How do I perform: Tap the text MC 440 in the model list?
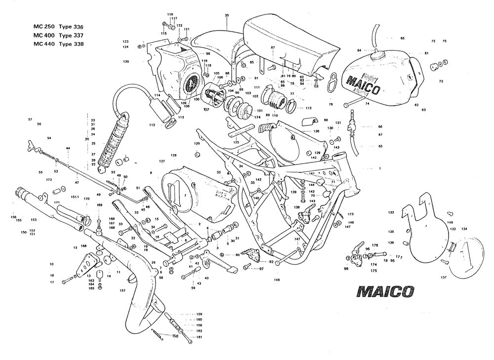[x=43, y=44]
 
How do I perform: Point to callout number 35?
[x=227, y=16]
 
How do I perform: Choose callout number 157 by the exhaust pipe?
[x=123, y=291]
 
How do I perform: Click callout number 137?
[x=444, y=277]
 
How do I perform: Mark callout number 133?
[x=391, y=212]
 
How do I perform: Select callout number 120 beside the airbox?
[x=126, y=62]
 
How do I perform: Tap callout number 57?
[x=30, y=120]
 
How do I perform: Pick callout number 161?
[x=199, y=337]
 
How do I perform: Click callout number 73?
[x=441, y=80]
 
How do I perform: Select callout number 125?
[x=236, y=142]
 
